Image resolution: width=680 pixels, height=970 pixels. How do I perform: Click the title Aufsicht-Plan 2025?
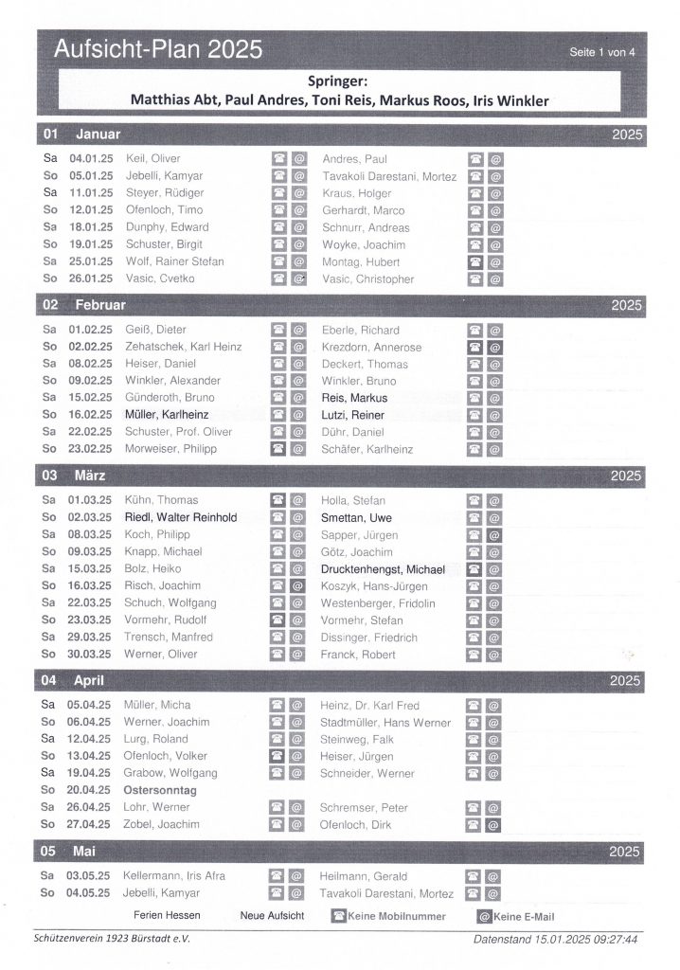pos(158,50)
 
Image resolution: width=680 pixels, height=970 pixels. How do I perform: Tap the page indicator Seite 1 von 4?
pos(602,53)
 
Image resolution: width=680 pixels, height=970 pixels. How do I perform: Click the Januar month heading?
pos(98,135)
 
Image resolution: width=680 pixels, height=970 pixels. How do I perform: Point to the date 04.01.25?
pos(91,158)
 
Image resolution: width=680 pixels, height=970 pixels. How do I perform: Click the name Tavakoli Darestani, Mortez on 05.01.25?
pos(388,176)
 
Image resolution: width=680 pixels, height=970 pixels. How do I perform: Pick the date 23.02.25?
pos(91,449)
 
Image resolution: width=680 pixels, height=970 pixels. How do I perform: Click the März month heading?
pos(90,475)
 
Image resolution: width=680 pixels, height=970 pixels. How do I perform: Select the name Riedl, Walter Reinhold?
pos(180,517)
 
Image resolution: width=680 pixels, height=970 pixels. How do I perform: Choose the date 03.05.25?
pos(90,876)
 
